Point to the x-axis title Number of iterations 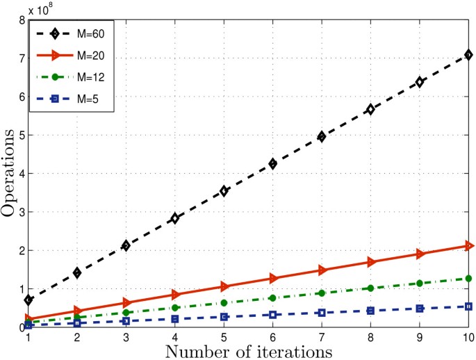click(249, 350)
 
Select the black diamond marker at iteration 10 click(469, 54)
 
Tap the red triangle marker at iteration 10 click(469, 245)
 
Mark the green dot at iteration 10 click(469, 278)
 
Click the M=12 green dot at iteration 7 click(322, 293)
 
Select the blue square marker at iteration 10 click(469, 306)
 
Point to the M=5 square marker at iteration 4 click(175, 319)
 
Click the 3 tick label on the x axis click(126, 337)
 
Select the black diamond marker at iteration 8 click(371, 109)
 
